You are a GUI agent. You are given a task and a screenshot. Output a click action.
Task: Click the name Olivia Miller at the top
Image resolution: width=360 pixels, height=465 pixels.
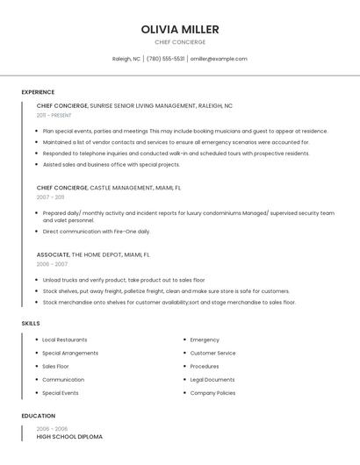coord(180,29)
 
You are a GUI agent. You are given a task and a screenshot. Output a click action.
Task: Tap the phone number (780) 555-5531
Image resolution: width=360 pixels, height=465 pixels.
coord(166,59)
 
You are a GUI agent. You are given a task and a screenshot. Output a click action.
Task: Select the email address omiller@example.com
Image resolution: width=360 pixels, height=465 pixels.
coord(219,59)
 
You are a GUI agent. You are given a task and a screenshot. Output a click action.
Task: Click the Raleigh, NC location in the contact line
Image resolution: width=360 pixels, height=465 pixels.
coord(126,59)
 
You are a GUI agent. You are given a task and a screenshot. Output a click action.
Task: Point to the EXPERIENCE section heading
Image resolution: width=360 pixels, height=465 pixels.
coord(38,92)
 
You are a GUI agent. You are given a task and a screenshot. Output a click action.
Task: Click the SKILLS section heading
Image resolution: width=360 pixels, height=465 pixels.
coord(31,324)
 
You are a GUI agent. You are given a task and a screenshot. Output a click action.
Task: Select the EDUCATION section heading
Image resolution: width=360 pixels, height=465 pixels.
coord(39,416)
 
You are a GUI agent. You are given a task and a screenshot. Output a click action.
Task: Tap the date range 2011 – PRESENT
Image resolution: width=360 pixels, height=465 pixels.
coord(54,115)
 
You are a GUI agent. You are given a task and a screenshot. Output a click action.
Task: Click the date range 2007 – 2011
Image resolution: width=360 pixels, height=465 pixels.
coord(50,197)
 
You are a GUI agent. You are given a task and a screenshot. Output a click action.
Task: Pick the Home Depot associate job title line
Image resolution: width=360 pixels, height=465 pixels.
coord(93,254)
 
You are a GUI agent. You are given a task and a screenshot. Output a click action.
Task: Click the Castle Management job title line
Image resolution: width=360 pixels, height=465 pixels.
coord(109,188)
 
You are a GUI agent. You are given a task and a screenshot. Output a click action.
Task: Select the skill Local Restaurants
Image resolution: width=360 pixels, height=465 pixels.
coord(65,340)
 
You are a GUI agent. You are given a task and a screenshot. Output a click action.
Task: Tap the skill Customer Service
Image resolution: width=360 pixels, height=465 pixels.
coord(212,353)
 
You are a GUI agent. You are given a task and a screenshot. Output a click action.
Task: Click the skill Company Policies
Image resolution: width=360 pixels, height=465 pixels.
coord(212,393)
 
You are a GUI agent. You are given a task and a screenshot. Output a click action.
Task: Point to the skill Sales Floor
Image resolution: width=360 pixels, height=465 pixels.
coord(55,367)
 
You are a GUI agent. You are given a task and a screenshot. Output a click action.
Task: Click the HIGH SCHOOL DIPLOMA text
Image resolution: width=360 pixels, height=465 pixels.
coord(69,436)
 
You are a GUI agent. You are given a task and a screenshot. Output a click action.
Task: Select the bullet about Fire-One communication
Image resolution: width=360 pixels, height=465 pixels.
coord(97,232)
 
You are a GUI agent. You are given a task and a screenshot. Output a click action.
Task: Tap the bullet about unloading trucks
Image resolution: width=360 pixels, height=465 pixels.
coord(124,280)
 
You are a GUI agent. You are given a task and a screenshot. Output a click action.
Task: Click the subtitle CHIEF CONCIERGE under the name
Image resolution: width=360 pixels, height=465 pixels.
coord(180,42)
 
